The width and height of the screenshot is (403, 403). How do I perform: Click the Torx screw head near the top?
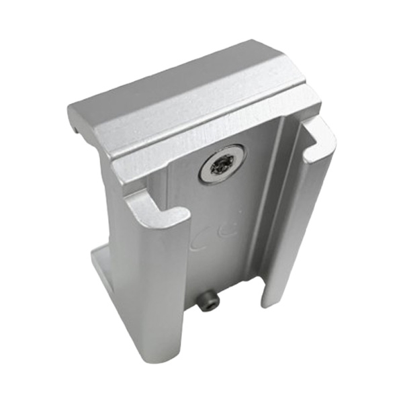pos(222,163)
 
